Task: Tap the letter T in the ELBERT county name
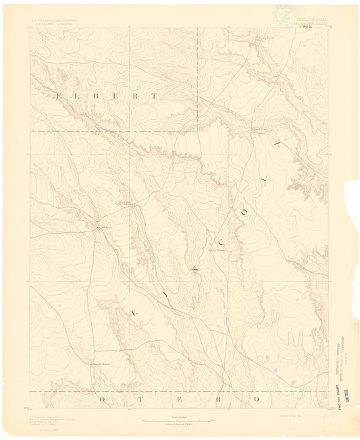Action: (x=155, y=96)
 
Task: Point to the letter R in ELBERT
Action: (x=138, y=96)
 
